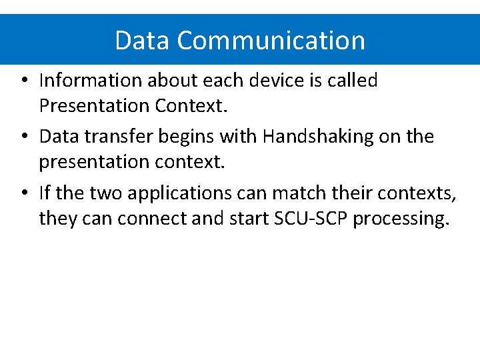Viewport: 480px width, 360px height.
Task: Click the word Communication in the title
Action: [x=271, y=41]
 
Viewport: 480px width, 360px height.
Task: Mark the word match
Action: [x=296, y=193]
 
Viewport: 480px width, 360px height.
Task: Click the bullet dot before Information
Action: [x=23, y=81]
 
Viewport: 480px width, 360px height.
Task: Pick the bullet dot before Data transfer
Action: [x=23, y=137]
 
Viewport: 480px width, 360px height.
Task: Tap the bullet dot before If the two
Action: [x=23, y=194]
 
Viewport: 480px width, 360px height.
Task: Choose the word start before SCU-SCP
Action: [x=249, y=218]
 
